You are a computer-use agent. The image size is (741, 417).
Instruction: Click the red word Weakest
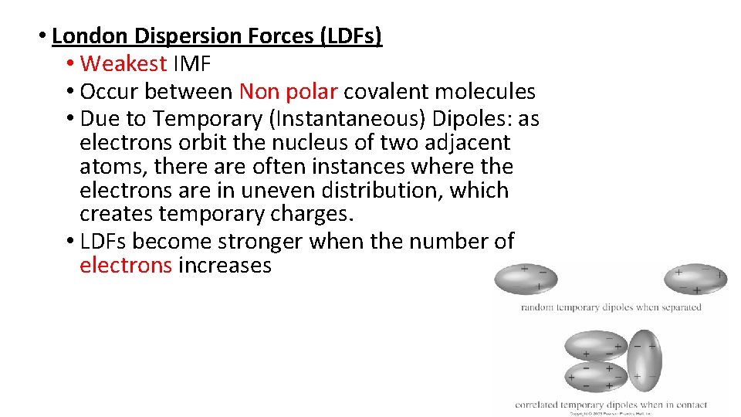pos(123,63)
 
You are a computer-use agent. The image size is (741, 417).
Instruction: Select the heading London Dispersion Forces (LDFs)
pos(217,36)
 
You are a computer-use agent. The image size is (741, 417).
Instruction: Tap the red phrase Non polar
pos(288,92)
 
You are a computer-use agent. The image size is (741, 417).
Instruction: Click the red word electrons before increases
pos(126,266)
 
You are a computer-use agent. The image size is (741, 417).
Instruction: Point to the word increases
pos(225,266)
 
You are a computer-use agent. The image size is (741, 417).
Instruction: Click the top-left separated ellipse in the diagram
pos(528,279)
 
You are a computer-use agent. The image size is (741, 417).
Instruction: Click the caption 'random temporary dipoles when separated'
pos(611,307)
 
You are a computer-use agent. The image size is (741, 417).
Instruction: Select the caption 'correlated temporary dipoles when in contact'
pos(611,404)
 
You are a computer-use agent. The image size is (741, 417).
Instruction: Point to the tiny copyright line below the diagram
pos(610,413)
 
